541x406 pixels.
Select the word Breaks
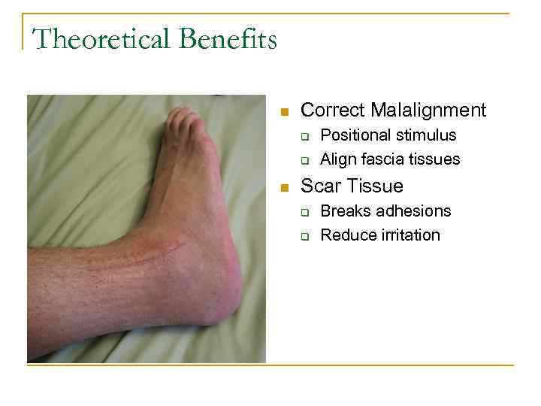(x=344, y=211)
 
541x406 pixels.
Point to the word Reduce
(x=346, y=235)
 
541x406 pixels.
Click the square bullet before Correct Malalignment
(x=284, y=112)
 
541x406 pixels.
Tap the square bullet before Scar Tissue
(x=284, y=187)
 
